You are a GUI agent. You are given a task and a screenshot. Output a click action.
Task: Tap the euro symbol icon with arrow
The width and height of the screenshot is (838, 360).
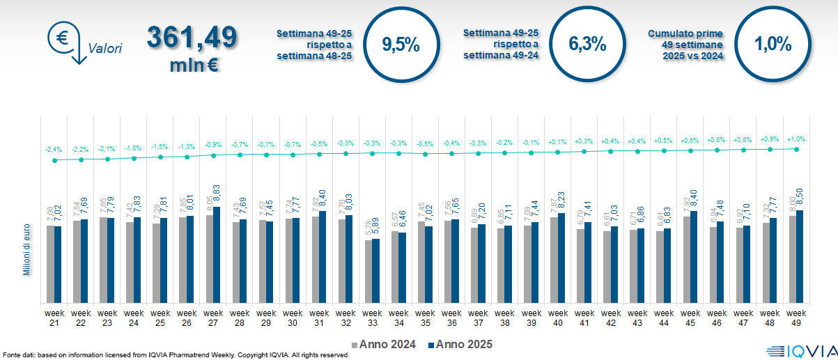[64, 40]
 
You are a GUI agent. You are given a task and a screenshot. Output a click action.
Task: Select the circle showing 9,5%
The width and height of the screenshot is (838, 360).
[401, 45]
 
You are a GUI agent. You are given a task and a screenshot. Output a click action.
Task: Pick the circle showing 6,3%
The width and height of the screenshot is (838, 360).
[587, 45]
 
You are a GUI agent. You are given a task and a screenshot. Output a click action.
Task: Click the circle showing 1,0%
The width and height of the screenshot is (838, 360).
[773, 45]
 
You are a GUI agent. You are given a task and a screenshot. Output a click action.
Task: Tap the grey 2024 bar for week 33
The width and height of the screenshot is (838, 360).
[368, 272]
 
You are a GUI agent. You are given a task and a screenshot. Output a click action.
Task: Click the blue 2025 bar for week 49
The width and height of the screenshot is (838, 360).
[800, 256]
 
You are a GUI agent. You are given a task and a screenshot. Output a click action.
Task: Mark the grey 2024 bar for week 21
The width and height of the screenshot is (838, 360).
[50, 264]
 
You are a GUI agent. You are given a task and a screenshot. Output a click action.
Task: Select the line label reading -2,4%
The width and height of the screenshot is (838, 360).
[54, 150]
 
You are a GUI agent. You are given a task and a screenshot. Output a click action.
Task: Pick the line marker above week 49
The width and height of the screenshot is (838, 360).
[796, 149]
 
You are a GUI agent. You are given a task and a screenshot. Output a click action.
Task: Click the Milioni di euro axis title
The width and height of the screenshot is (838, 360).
[26, 250]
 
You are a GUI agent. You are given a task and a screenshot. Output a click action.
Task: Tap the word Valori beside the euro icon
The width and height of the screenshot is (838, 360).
[105, 49]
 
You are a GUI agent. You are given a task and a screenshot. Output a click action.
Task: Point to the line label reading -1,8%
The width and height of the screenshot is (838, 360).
[133, 148]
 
